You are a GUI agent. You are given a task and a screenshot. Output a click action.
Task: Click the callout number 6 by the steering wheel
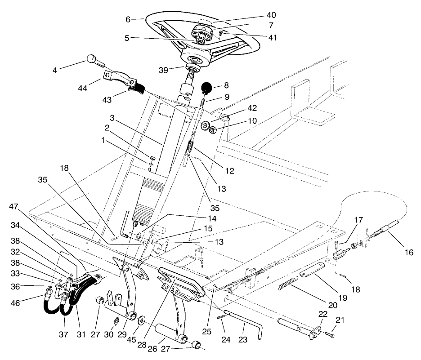128,19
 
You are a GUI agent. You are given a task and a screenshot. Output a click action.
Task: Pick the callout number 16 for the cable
408,253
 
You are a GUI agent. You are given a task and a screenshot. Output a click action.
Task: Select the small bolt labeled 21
331,334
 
